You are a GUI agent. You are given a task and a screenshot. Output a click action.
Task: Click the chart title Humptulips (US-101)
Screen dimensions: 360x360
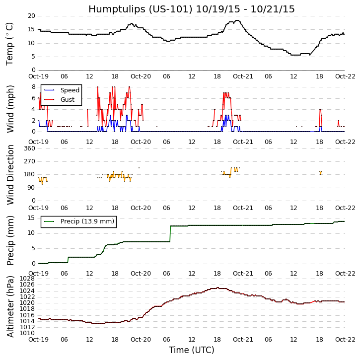pyautogui.click(x=191, y=9)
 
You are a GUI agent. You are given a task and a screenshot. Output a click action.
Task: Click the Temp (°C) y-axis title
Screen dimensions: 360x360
pyautogui.click(x=10, y=43)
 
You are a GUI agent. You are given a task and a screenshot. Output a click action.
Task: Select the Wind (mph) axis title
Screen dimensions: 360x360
pyautogui.click(x=10, y=108)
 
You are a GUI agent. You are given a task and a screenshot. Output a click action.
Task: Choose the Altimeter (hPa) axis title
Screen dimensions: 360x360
pyautogui.click(x=10, y=306)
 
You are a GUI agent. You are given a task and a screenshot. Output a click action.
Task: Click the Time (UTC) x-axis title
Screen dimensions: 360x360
pyautogui.click(x=191, y=350)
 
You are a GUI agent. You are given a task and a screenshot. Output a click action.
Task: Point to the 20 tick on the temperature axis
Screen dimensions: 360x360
pyautogui.click(x=31, y=16)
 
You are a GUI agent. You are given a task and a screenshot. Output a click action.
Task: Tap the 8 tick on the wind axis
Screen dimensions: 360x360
pyautogui.click(x=33, y=87)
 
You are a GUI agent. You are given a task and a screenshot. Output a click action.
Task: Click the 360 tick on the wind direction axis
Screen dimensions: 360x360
pyautogui.click(x=29, y=148)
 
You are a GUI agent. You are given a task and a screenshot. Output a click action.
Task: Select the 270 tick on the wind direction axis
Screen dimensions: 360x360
pyautogui.click(x=29, y=161)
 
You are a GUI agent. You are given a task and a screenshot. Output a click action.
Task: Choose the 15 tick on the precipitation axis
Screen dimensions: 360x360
pyautogui.click(x=31, y=218)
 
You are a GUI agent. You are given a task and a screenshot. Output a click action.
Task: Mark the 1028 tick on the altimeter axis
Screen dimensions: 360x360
pyautogui.click(x=27, y=279)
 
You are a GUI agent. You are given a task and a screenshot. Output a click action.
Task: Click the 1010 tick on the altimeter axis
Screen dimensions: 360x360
pyautogui.click(x=27, y=333)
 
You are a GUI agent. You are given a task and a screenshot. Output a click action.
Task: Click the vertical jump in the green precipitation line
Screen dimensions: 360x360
pyautogui.click(x=170, y=234)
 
